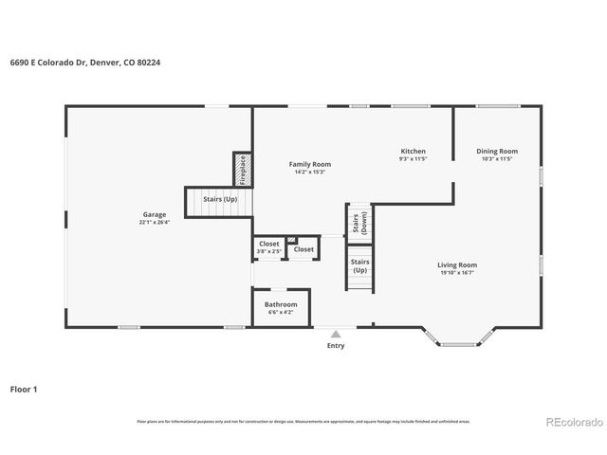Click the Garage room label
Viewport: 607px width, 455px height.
point(155,214)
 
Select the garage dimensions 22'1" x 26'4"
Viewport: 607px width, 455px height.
point(155,223)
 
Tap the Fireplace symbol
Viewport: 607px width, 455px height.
point(242,170)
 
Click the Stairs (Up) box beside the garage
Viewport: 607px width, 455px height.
point(218,200)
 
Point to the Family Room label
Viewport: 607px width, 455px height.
point(310,164)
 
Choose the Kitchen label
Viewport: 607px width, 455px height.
point(413,151)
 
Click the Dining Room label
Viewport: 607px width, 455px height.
point(497,151)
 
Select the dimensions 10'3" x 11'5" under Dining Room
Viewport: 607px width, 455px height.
point(497,159)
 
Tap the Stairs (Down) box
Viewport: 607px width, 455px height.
point(360,224)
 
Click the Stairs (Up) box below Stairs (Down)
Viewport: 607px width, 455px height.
point(359,265)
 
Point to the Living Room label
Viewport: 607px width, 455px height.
point(457,264)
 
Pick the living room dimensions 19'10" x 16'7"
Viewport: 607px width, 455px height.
point(457,273)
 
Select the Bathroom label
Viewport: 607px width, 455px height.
point(281,304)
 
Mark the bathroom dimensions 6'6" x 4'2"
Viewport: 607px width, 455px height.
point(281,312)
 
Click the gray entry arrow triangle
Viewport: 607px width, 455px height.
point(336,334)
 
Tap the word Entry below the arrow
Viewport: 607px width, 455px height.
point(336,346)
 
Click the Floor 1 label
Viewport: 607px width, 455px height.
point(24,389)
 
